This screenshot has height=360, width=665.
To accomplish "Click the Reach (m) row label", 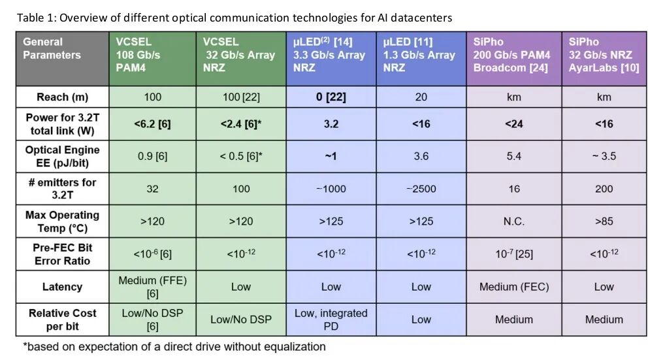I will pos(62,97).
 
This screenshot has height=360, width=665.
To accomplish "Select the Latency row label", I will pos(62,287).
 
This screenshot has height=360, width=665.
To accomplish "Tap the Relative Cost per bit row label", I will pos(62,319).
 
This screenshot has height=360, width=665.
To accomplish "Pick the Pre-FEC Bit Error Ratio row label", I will pos(62,254).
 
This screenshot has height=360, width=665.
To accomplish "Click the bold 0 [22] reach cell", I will pos(331,97).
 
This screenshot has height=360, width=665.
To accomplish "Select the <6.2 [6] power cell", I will pos(152,123).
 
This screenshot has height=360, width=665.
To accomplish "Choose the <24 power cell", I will pos(513,123).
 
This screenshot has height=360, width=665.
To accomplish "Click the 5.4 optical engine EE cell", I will pos(513,156).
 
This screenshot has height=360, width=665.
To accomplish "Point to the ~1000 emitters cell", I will pos(331,189).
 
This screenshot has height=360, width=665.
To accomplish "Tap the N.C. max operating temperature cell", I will pos(513,221).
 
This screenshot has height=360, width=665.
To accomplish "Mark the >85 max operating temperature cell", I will pos(604,221).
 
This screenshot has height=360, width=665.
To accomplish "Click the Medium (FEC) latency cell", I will pos(513,287).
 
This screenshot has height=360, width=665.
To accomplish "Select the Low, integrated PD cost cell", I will pos(331,319).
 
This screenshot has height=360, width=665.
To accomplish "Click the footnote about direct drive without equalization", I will pos(174,346).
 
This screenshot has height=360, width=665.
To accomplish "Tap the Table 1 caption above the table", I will pos(234,18).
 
